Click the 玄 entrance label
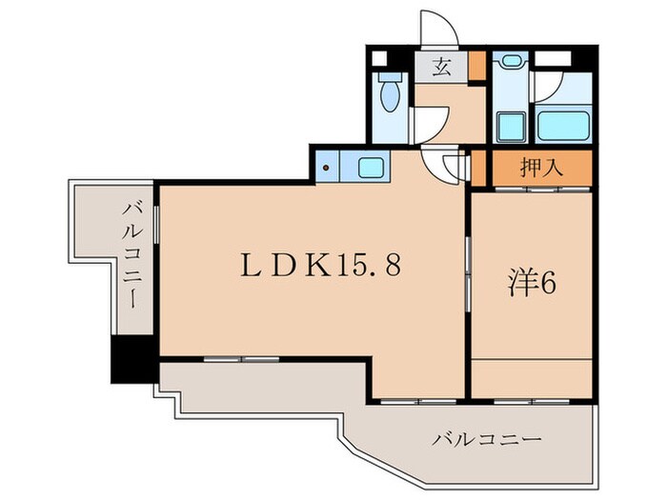pos(442,67)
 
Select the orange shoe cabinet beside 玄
pos(475,67)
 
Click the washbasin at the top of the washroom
pos(510,62)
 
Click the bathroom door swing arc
pos(546,90)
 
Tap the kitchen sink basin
pos(370,169)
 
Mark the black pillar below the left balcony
pos(132,360)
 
